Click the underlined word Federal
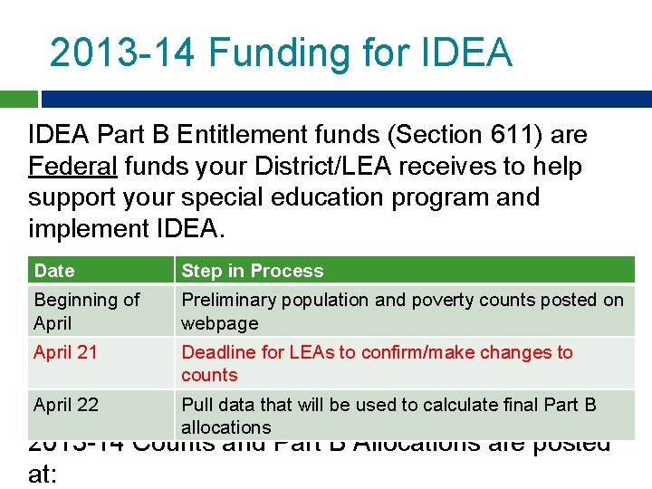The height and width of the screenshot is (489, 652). click(72, 167)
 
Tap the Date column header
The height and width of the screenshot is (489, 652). click(54, 271)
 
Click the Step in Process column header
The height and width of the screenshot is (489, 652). click(252, 271)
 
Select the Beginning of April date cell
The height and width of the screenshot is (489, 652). click(87, 311)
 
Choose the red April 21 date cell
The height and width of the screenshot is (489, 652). click(66, 352)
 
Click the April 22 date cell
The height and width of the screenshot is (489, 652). click(66, 405)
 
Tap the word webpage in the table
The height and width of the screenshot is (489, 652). click(219, 323)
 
